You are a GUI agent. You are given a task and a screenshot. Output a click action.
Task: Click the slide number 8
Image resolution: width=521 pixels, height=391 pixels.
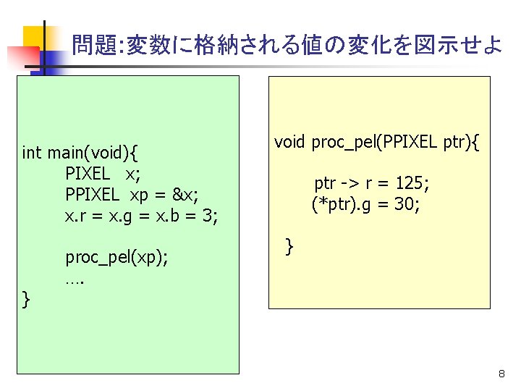[x=501, y=374]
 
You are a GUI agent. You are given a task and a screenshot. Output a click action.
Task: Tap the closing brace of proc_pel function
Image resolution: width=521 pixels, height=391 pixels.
[x=289, y=246]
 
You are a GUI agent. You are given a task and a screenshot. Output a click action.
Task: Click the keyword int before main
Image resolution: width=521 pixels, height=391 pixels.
[x=32, y=153]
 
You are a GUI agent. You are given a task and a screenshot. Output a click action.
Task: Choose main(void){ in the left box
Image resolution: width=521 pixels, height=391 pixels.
[x=93, y=153]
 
